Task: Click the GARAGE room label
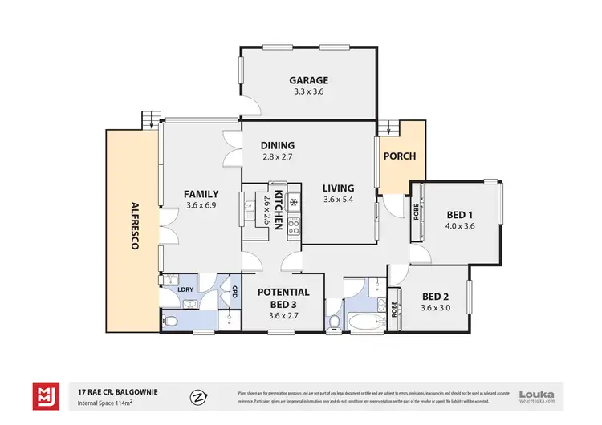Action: (x=309, y=80)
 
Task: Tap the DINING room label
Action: (x=277, y=145)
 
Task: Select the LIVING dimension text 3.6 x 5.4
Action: (x=338, y=200)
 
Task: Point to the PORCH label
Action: (x=399, y=156)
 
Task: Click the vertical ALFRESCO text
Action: (x=134, y=225)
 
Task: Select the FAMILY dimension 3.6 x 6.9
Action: (x=201, y=205)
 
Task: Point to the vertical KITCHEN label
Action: (x=279, y=211)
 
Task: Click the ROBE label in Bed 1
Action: (x=416, y=212)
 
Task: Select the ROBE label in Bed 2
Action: (x=394, y=310)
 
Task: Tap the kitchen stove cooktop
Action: (x=294, y=225)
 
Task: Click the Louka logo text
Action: (x=535, y=392)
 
